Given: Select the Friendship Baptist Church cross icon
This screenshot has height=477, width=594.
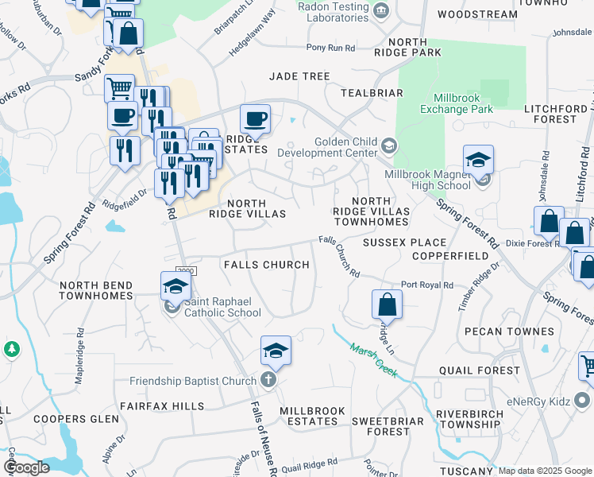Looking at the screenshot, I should pos(268,380).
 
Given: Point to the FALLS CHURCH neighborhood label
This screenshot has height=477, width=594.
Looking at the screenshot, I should pos(266,265).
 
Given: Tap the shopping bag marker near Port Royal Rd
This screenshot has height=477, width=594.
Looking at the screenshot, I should pos(387,304).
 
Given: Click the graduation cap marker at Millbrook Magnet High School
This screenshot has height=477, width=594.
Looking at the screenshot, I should pos(478,160).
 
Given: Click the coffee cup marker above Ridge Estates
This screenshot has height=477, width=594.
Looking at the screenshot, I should pos(255,119).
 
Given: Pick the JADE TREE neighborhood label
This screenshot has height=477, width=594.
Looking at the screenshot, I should pos(299,76).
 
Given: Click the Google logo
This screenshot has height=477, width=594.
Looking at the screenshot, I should pos(25,467).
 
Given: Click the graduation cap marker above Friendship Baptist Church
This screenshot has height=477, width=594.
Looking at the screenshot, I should pos(276,351).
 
